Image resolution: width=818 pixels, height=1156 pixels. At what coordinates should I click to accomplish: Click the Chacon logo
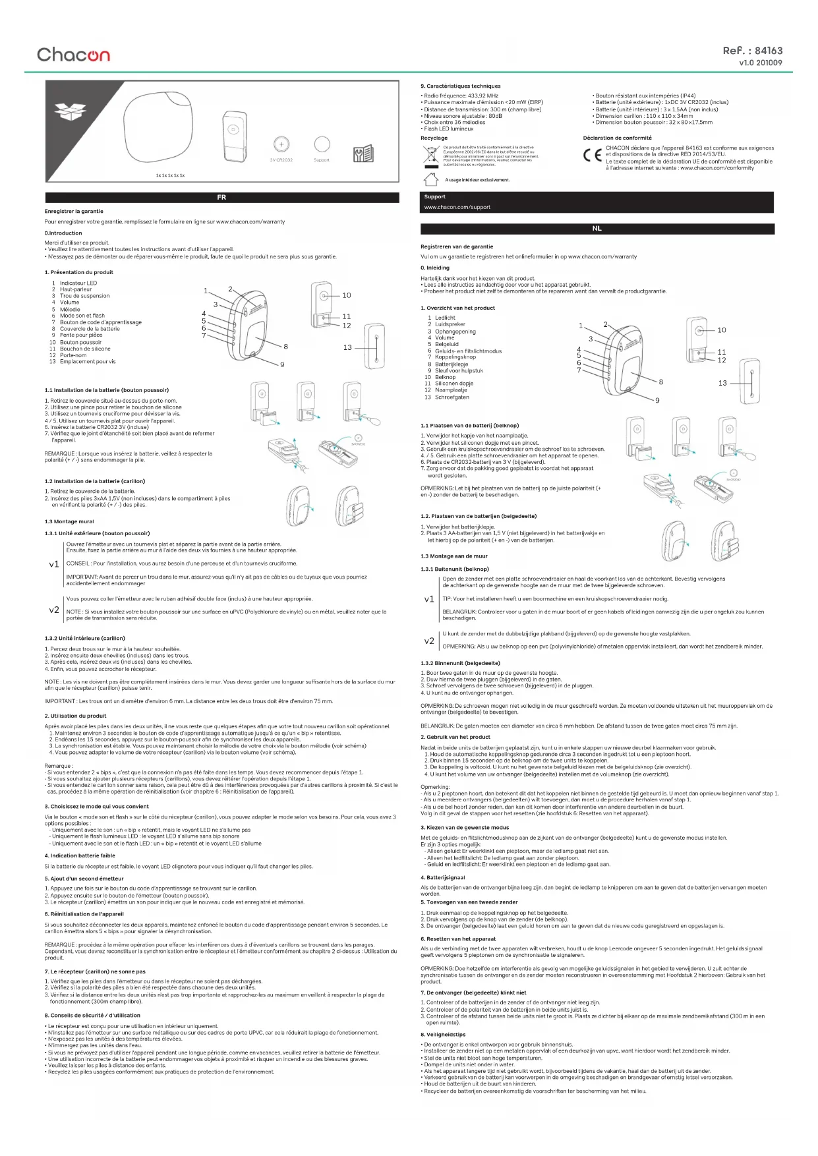point(73,54)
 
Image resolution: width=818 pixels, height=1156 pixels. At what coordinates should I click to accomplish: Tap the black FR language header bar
point(222,197)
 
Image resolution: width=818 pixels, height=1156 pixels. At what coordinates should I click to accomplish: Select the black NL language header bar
point(597,229)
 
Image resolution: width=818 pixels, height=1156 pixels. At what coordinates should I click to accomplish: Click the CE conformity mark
point(592,156)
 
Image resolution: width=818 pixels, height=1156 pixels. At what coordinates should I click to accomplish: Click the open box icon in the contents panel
point(70,111)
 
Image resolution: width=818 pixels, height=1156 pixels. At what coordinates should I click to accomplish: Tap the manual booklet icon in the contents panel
point(363,154)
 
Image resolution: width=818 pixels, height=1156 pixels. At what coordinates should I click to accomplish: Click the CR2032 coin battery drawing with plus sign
point(281,144)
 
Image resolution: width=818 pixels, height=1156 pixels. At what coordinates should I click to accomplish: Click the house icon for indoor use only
point(430,179)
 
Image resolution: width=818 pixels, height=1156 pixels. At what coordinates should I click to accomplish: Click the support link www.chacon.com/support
point(457,207)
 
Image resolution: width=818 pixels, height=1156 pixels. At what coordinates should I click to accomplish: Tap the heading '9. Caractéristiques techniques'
point(461,86)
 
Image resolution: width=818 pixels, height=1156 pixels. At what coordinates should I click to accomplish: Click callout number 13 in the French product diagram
point(347,347)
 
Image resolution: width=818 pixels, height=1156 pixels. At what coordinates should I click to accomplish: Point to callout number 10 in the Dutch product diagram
point(722,330)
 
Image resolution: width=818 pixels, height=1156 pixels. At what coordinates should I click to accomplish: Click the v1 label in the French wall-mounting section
point(54,564)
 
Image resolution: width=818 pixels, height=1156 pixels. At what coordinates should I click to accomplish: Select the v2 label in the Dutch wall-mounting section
point(429,641)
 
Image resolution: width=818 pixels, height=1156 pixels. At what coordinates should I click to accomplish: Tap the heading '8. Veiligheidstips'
point(443,1034)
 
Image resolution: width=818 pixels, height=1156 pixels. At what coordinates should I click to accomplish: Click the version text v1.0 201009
point(761,63)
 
